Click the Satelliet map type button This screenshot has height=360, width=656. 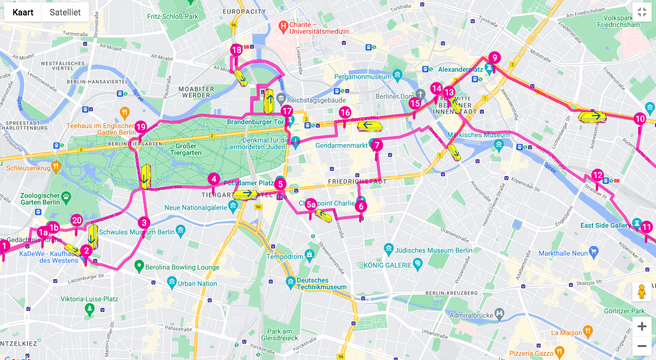[65, 13]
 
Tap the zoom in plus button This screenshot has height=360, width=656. [642, 327]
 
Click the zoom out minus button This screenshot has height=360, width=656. [642, 346]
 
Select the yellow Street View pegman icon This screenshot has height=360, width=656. [642, 292]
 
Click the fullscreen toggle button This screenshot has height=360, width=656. [642, 13]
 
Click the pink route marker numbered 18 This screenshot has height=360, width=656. [236, 50]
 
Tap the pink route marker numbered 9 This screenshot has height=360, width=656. [494, 57]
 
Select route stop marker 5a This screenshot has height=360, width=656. [311, 205]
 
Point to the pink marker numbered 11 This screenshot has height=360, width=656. [646, 227]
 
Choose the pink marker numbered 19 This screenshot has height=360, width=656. [140, 127]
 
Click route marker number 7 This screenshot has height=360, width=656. [377, 144]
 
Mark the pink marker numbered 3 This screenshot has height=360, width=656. [144, 222]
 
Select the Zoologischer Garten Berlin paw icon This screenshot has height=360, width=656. [66, 196]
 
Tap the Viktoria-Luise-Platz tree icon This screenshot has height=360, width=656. [89, 309]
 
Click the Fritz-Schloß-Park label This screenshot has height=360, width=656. [173, 16]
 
